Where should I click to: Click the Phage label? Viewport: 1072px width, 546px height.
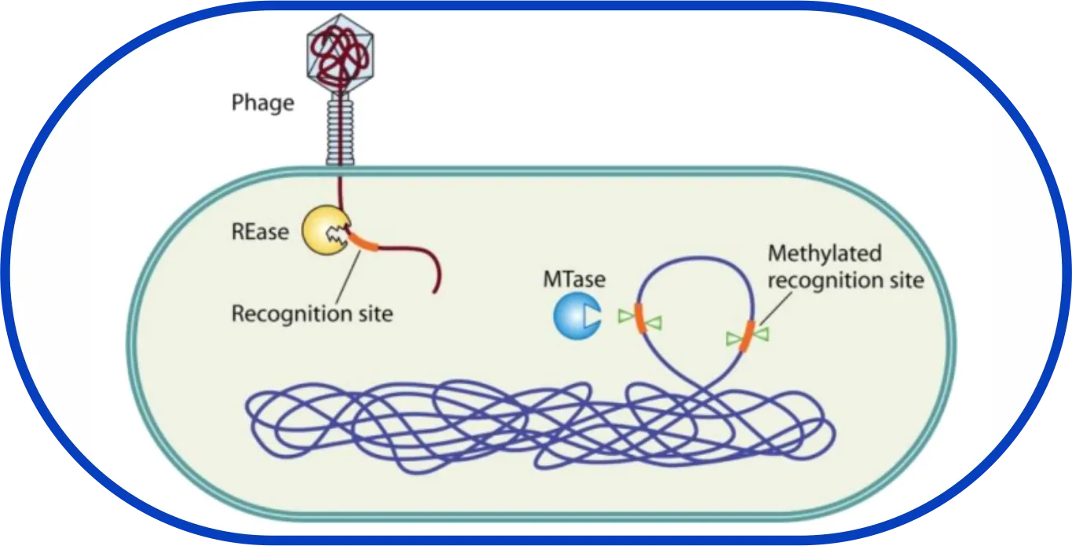pyautogui.click(x=263, y=103)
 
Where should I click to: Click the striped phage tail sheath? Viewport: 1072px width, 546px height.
pyautogui.click(x=340, y=126)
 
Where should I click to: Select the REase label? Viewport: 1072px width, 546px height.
pyautogui.click(x=260, y=232)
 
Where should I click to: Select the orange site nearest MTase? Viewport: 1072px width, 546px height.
pyautogui.click(x=640, y=317)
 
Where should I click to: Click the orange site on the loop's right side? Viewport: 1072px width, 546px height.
pyautogui.click(x=748, y=334)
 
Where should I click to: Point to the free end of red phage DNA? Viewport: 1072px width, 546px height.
pyautogui.click(x=434, y=291)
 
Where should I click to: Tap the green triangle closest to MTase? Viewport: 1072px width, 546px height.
pyautogui.click(x=625, y=316)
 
